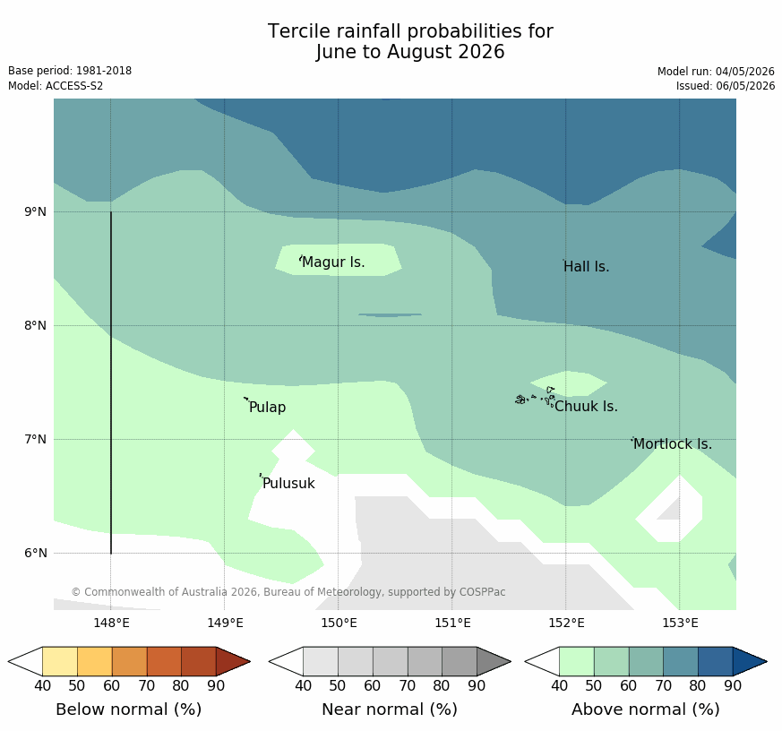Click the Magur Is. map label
(x=333, y=262)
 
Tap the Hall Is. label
(x=587, y=267)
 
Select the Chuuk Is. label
(x=586, y=407)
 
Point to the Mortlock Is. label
(x=673, y=443)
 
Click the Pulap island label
(x=267, y=408)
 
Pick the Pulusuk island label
(x=288, y=483)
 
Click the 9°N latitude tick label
(x=35, y=212)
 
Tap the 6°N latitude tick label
(x=35, y=553)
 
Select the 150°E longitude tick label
(x=339, y=623)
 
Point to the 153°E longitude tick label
(x=680, y=623)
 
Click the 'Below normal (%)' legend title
(x=129, y=709)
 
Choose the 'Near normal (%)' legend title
(x=390, y=709)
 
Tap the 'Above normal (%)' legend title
(x=645, y=709)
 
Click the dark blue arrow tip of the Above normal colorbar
(x=767, y=662)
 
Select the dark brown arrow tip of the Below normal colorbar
(x=249, y=662)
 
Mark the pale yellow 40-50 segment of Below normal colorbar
(x=60, y=662)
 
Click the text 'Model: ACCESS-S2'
(x=56, y=86)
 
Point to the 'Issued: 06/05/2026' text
(x=726, y=86)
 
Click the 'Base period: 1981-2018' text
(x=70, y=71)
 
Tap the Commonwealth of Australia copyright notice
(x=288, y=592)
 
